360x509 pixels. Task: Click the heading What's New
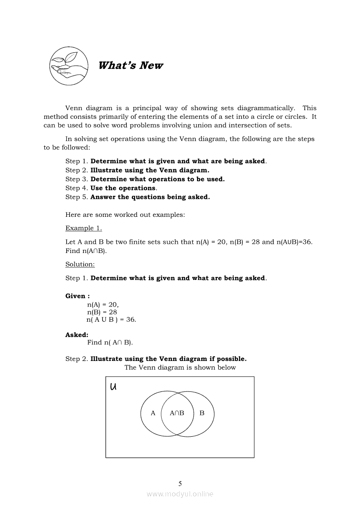(131, 65)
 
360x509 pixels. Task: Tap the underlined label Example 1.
(84, 228)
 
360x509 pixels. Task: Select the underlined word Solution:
(80, 264)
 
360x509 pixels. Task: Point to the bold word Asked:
(77, 335)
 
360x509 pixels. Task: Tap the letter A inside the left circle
(153, 413)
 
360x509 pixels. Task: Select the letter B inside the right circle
(202, 413)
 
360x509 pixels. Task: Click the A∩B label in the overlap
(177, 413)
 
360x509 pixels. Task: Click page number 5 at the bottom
(180, 483)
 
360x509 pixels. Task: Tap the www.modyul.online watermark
(180, 494)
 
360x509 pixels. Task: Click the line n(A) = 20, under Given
(103, 305)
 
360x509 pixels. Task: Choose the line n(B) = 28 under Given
(102, 312)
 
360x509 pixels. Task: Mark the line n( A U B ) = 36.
(111, 320)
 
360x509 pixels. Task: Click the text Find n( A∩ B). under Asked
(110, 342)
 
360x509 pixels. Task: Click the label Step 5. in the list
(77, 197)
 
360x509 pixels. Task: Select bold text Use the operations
(123, 188)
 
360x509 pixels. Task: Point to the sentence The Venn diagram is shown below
(180, 367)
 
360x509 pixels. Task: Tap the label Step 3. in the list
(77, 179)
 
